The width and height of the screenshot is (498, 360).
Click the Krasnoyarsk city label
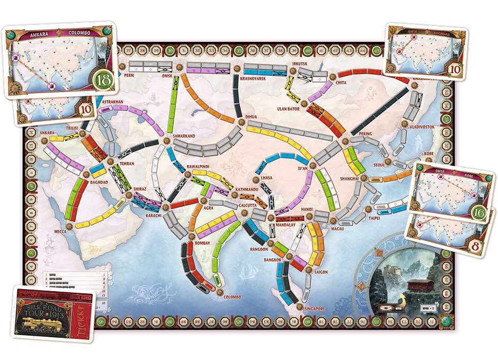(252, 78)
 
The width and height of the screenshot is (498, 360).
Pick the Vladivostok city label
(422, 127)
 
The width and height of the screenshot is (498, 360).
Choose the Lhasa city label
(266, 178)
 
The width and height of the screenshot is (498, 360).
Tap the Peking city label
(365, 134)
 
